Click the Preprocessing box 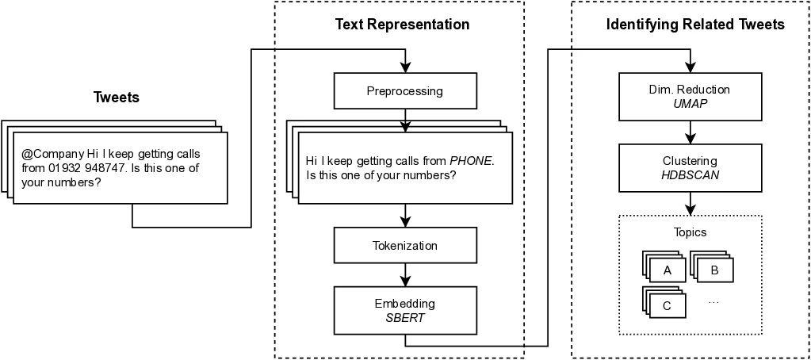point(404,91)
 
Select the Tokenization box point(404,246)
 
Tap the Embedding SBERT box point(404,310)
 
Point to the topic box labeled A point(668,270)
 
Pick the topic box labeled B point(714,270)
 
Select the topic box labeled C point(668,305)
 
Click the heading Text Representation point(402,25)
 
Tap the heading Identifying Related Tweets point(694,25)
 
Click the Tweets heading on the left point(117,98)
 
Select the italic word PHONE point(471,160)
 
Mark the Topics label point(689,233)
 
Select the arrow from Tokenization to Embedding point(405,275)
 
